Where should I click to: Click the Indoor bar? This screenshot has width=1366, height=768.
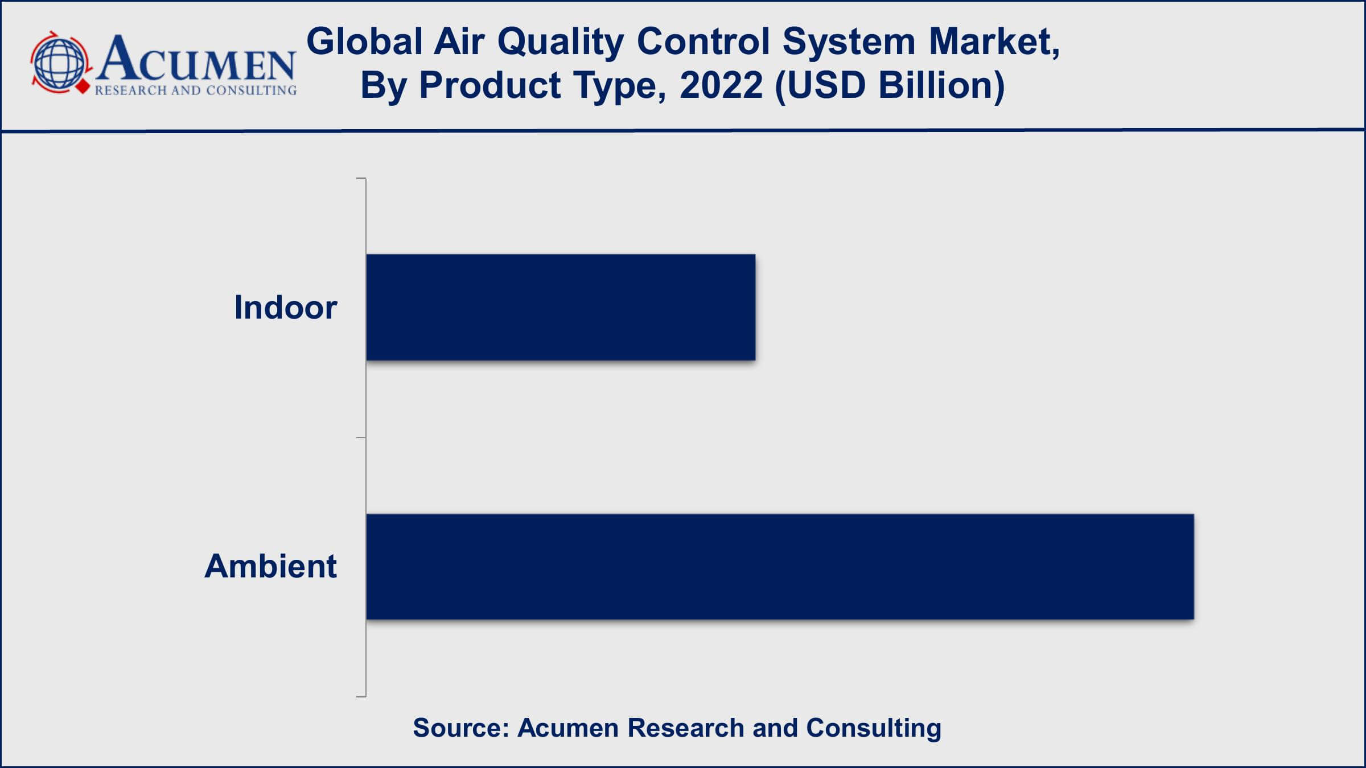tap(561, 307)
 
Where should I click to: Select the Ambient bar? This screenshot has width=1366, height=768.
tap(780, 567)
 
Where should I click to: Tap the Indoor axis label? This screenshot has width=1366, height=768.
tap(286, 308)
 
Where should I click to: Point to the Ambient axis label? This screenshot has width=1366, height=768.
tap(270, 567)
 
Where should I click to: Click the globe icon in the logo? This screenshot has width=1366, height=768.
tap(59, 63)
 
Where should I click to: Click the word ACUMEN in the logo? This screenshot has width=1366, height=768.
tap(196, 59)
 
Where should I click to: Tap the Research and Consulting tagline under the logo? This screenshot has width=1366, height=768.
tap(196, 90)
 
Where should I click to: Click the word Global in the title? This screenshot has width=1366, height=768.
tap(364, 42)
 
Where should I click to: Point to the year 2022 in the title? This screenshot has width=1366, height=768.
tap(721, 85)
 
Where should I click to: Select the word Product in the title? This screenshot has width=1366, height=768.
tap(490, 85)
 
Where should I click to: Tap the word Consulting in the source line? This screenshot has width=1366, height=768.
tap(874, 729)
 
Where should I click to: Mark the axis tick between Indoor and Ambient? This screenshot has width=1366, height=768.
tap(361, 437)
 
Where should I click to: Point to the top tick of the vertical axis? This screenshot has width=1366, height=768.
tap(361, 179)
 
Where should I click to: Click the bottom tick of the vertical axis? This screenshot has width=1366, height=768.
tap(361, 696)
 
